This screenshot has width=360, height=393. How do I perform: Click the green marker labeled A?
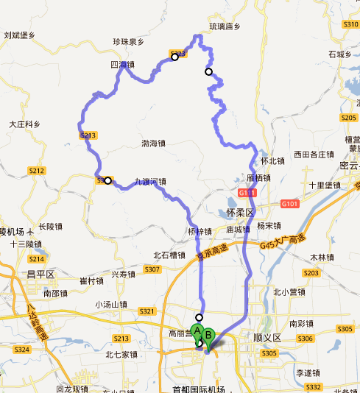(x=197, y=331)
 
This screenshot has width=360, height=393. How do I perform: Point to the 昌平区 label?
(x=40, y=275)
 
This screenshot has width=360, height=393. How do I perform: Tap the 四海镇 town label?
(x=122, y=65)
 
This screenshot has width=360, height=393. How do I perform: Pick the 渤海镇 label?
(x=153, y=144)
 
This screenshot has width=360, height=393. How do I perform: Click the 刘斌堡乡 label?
(x=19, y=35)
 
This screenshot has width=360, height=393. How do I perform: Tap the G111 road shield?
(x=247, y=193)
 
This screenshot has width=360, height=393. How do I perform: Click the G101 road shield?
(x=289, y=202)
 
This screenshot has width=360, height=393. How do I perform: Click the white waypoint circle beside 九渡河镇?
(x=108, y=180)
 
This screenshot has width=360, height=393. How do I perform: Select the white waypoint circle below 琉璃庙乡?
(x=209, y=71)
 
